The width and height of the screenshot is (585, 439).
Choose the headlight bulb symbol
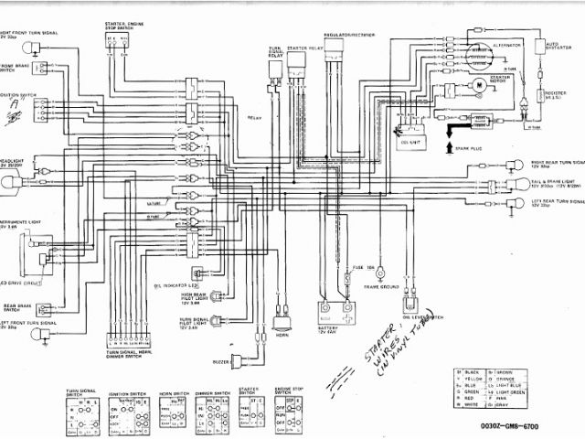coord(12,181)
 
